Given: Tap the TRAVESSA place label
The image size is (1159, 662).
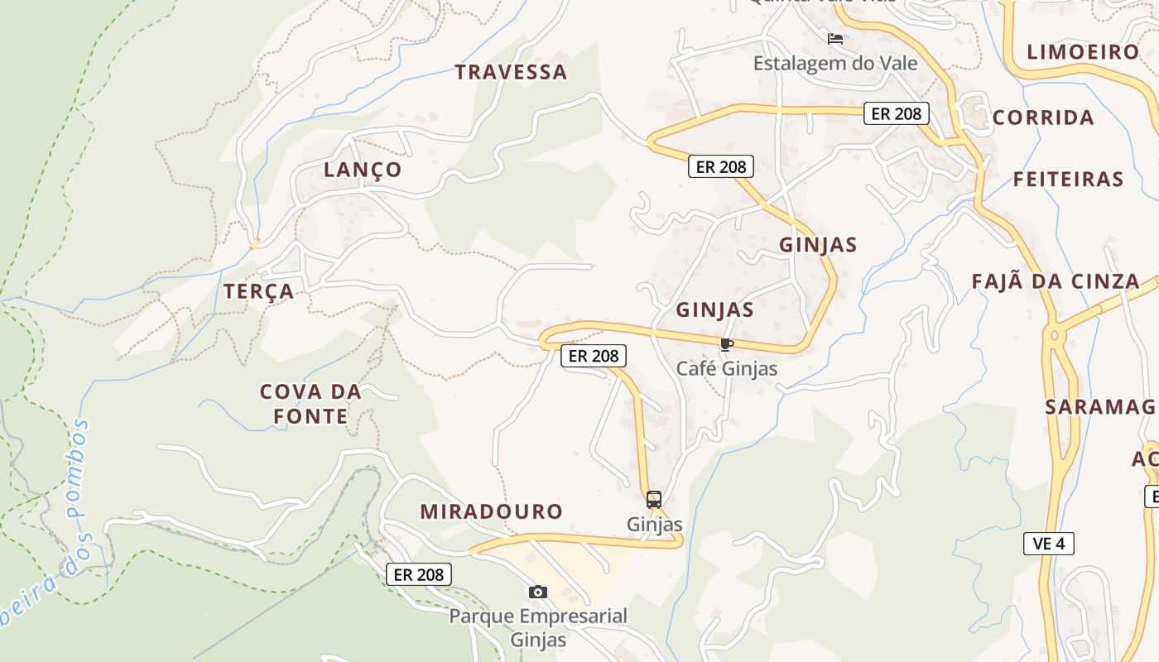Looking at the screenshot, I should (x=511, y=72).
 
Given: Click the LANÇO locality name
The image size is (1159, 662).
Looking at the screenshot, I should (x=363, y=170).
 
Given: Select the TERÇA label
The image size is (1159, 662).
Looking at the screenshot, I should (x=258, y=291).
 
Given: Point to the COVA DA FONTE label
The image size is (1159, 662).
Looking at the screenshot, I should (x=311, y=404).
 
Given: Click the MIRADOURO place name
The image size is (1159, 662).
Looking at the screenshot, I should (x=491, y=511).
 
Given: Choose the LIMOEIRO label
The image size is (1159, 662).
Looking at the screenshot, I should (x=1083, y=52).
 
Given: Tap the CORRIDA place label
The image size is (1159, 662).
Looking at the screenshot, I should (x=1043, y=118).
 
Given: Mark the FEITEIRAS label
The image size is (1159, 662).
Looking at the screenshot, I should (x=1068, y=179).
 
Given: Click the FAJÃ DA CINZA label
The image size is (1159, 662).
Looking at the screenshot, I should (x=1056, y=281).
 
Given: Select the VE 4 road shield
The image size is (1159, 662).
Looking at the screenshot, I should (x=1048, y=544).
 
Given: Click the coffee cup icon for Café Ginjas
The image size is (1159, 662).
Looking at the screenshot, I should (x=727, y=345).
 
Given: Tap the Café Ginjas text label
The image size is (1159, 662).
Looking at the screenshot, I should (x=727, y=368).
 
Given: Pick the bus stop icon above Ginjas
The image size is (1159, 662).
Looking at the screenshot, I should (x=654, y=500).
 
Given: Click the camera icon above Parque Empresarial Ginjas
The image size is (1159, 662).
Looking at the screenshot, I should (x=538, y=592).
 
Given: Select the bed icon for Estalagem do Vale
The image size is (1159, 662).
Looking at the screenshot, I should (x=835, y=39).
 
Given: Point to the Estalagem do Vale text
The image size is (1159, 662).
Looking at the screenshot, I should (x=835, y=63).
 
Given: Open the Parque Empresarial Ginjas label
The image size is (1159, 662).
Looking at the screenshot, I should (x=538, y=627).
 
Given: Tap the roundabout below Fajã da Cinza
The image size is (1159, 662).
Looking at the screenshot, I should (x=1054, y=336).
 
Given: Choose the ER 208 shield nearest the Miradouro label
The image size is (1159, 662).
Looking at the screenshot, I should (x=419, y=574).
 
